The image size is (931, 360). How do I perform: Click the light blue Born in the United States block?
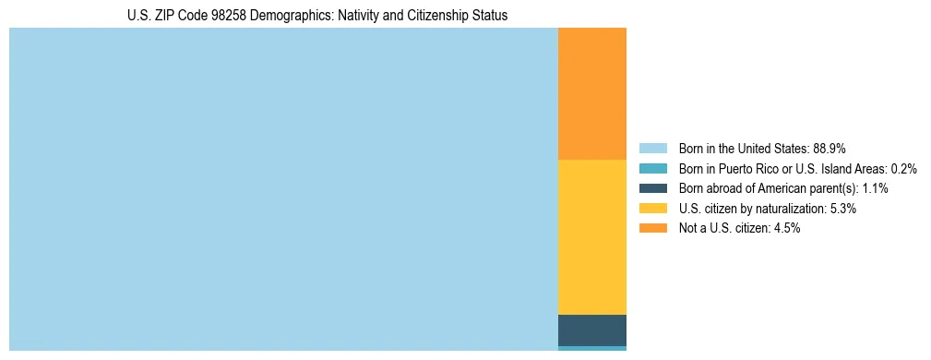(283, 188)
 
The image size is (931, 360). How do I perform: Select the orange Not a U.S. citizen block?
(591, 93)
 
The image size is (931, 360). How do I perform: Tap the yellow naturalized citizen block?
(591, 237)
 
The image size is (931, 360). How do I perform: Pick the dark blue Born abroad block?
(591, 330)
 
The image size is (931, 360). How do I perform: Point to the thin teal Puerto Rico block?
(591, 348)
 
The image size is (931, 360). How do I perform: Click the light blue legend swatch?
(652, 149)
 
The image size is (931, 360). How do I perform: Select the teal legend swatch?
(652, 169)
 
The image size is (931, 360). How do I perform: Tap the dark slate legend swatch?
(652, 188)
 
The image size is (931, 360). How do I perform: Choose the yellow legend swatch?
(652, 209)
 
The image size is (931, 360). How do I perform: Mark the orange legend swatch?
(652, 228)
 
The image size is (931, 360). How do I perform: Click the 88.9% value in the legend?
(830, 149)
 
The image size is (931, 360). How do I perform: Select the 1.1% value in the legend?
(875, 188)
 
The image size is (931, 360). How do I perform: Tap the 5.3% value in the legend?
(843, 209)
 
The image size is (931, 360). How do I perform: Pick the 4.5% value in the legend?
(787, 228)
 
